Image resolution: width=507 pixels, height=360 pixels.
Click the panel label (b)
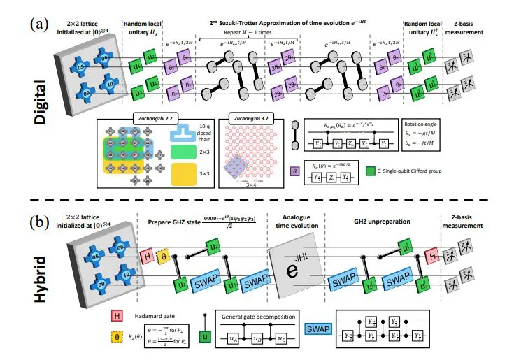point(17,224)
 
